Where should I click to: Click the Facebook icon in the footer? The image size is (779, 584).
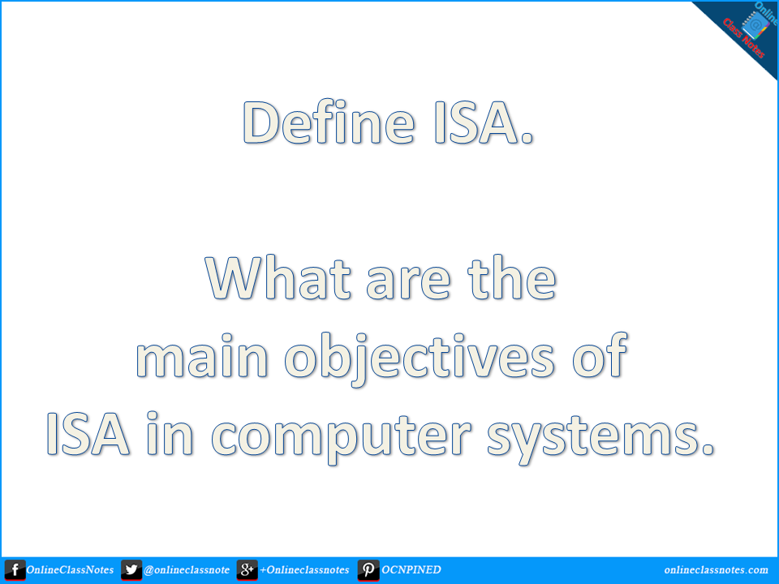pos(14,570)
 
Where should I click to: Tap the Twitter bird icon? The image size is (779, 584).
pos(131,570)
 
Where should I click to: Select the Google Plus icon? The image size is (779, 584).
pos(247,570)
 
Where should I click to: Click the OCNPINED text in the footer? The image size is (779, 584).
pos(411,570)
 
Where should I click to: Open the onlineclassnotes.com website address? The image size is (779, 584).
pos(716,570)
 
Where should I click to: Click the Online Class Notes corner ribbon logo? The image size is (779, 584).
pos(742,32)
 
